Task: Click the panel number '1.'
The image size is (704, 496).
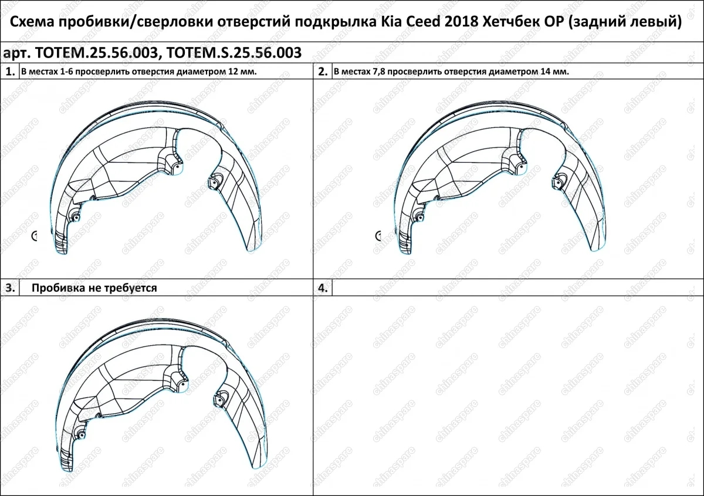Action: tap(10, 72)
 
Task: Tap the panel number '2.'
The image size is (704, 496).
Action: tap(323, 72)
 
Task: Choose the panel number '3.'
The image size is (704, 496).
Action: tap(10, 288)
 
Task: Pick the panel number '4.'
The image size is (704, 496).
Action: tap(323, 288)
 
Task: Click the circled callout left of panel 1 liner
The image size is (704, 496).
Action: tap(34, 236)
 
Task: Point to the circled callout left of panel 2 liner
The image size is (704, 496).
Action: tap(378, 236)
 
